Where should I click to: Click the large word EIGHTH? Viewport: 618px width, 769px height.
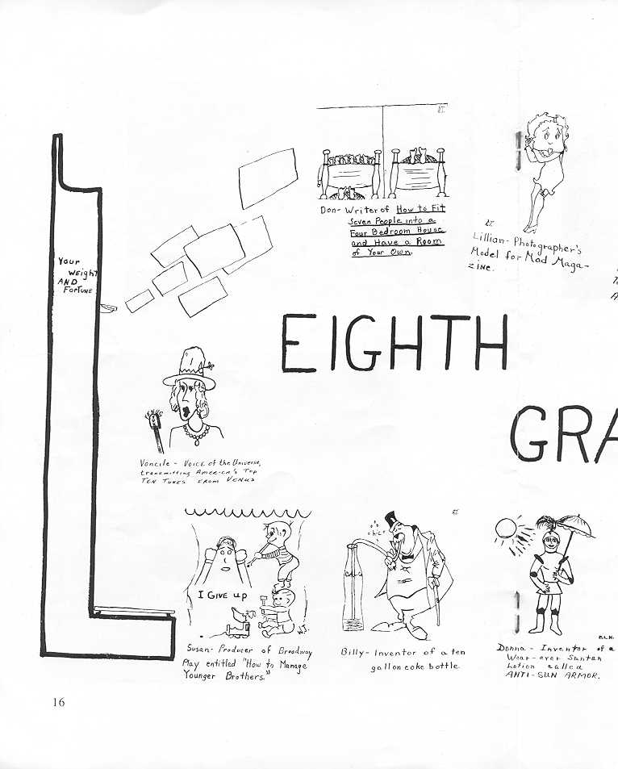[394, 343]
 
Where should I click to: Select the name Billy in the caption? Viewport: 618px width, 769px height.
[353, 652]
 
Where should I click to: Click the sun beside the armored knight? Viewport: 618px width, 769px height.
[505, 528]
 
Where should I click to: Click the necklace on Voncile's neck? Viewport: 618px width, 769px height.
[194, 437]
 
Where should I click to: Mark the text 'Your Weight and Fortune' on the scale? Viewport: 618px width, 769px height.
[75, 275]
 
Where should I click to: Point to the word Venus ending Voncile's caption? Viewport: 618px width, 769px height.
[239, 479]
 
